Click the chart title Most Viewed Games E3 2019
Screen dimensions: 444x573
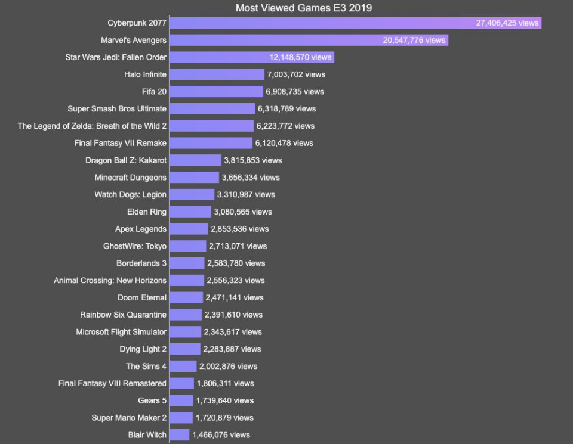pos(304,8)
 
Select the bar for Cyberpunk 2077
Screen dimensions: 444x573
pos(322,23)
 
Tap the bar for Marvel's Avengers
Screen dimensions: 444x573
pos(275,41)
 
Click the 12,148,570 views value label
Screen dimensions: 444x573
pos(300,57)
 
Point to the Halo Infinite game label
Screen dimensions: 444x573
pos(145,74)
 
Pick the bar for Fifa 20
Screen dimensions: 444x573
pos(216,92)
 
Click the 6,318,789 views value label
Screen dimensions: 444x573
pos(286,109)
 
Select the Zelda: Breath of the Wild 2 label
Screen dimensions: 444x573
pos(92,126)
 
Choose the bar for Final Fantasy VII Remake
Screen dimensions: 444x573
pos(211,143)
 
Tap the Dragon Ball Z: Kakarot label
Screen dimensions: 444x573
pos(126,160)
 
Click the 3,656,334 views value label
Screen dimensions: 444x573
pos(251,178)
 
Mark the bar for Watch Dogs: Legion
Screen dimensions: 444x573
pos(192,195)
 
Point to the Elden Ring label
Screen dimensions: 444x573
pos(147,212)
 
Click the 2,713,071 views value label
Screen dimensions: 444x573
pos(238,246)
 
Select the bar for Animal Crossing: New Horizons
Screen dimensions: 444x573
pos(187,280)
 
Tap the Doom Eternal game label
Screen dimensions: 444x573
pos(142,297)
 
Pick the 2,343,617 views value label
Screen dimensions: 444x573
pos(233,332)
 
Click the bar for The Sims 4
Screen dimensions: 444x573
pos(183,366)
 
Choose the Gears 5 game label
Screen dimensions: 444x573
pos(152,400)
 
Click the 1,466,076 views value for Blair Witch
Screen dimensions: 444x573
pos(221,435)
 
